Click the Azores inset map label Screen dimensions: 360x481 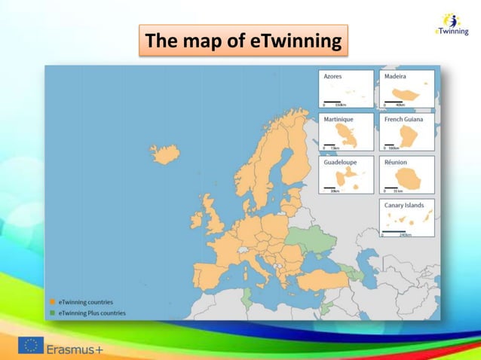tap(332, 77)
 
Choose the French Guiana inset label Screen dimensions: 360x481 tap(403, 119)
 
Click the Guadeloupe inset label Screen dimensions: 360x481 tap(340, 162)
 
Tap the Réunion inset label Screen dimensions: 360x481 tap(396, 162)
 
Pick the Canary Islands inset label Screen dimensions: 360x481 tap(404, 205)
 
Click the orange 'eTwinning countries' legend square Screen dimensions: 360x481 tap(53, 302)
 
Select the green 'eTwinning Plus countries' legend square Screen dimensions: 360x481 tap(53, 313)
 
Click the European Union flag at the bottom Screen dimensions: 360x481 tap(31, 346)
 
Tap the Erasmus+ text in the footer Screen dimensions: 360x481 tap(75, 349)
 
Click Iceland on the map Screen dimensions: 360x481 tap(165, 154)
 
